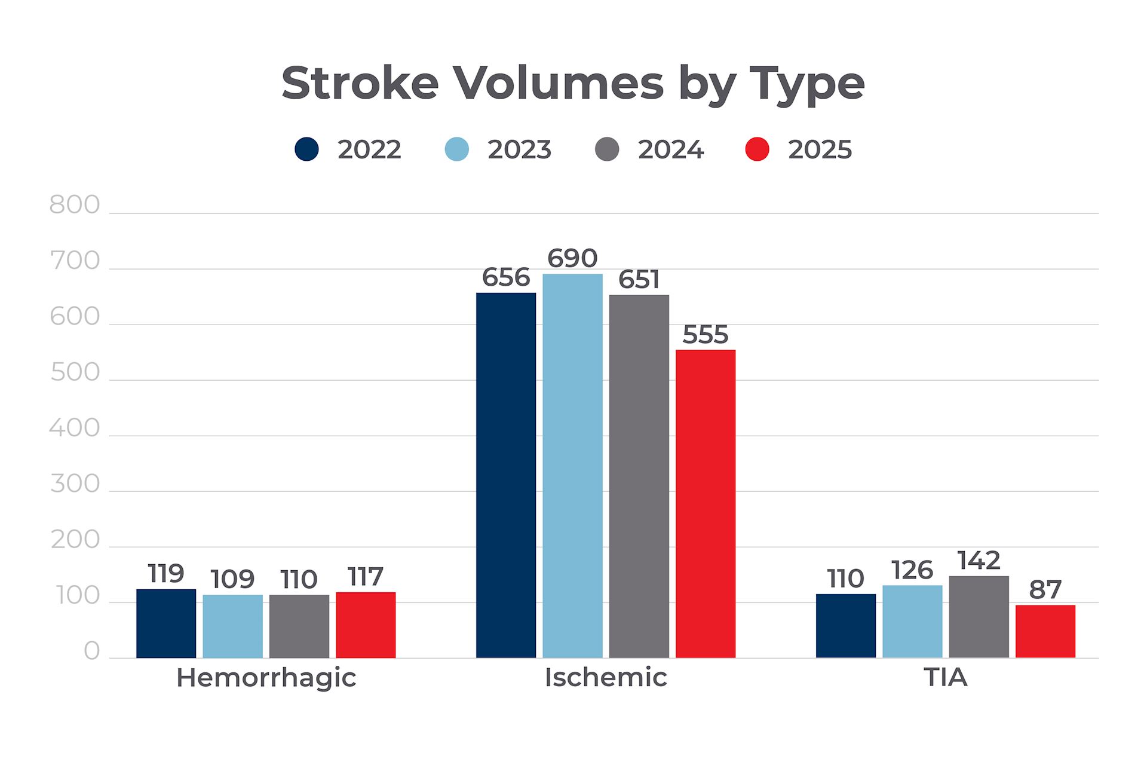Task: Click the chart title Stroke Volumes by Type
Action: (573, 83)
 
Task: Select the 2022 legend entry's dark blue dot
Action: (306, 149)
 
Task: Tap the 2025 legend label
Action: (820, 149)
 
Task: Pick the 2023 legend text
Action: (519, 149)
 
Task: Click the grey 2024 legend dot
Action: (607, 149)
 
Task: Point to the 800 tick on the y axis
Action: (75, 205)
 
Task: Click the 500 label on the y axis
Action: (75, 372)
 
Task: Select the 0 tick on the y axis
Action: (91, 651)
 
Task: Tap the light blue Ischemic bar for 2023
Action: (572, 466)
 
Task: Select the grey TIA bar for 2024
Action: (979, 617)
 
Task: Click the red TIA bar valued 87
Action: (1045, 631)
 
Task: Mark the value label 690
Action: (572, 258)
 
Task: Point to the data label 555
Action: (706, 335)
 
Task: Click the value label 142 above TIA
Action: (979, 561)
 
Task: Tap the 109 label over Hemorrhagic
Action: (232, 579)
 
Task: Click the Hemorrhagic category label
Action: (266, 678)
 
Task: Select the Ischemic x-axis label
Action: (606, 678)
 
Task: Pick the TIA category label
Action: (945, 678)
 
